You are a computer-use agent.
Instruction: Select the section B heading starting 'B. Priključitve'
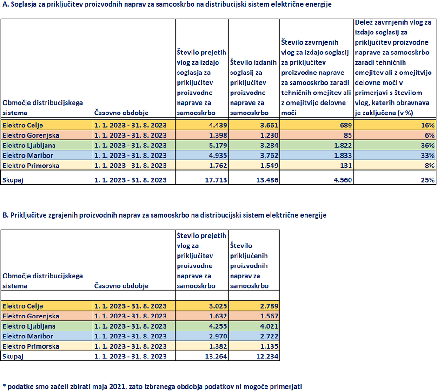(x=165, y=215)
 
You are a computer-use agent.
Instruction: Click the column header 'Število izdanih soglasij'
(x=253, y=87)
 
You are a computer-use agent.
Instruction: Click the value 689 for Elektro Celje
(x=343, y=125)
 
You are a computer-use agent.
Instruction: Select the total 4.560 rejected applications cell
(x=339, y=179)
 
